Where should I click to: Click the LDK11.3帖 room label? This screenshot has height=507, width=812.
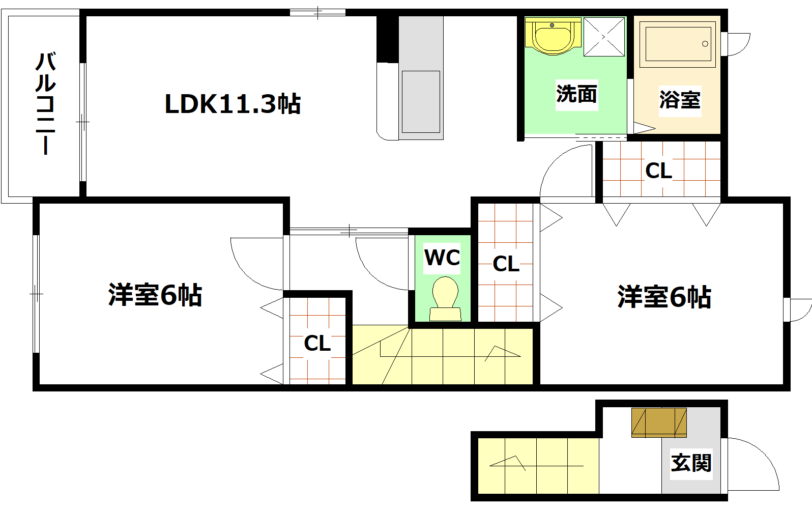pyautogui.click(x=233, y=104)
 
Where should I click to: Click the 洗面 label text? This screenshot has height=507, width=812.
pyautogui.click(x=576, y=94)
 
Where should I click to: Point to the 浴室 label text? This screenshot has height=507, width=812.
pyautogui.click(x=680, y=100)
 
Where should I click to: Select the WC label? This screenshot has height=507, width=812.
pyautogui.click(x=442, y=258)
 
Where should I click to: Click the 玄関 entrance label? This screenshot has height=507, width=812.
pyautogui.click(x=691, y=463)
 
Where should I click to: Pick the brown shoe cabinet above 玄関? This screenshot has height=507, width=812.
pyautogui.click(x=659, y=422)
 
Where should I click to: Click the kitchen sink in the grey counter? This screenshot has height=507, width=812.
pyautogui.click(x=421, y=102)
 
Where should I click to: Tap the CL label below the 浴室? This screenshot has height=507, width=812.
pyautogui.click(x=659, y=171)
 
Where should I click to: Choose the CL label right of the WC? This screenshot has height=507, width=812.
pyautogui.click(x=506, y=264)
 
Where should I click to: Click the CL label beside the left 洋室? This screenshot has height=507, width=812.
pyautogui.click(x=317, y=344)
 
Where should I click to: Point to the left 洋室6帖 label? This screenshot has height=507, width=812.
pyautogui.click(x=155, y=295)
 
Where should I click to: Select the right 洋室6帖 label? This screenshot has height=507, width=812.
pyautogui.click(x=664, y=297)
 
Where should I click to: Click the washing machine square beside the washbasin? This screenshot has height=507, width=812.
pyautogui.click(x=604, y=37)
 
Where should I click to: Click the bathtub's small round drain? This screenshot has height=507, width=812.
pyautogui.click(x=705, y=44)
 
